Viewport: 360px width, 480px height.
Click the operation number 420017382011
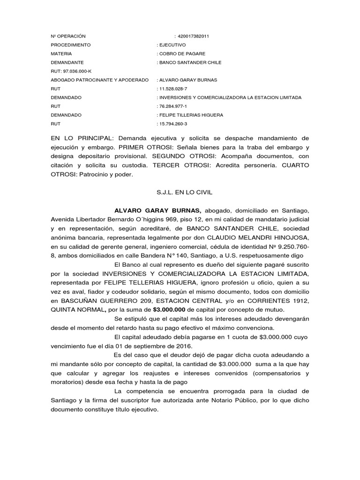point(193,36)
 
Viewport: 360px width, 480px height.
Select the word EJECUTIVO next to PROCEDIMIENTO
point(172,45)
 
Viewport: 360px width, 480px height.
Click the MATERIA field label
point(61,53)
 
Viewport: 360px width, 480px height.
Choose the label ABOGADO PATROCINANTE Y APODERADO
point(99,80)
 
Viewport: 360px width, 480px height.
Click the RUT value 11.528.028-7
point(173,89)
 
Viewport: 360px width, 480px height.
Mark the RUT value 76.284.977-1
point(173,106)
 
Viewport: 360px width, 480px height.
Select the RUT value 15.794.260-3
point(173,124)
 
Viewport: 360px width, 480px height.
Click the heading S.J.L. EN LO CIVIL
point(180,192)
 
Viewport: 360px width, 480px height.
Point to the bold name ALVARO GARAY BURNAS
point(151,210)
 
